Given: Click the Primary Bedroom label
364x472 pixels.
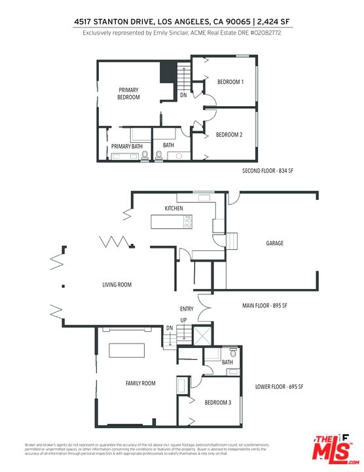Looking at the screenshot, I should point(129,93).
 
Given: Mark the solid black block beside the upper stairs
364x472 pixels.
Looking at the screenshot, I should point(169,69).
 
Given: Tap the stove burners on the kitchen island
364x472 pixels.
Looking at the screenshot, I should point(189,223).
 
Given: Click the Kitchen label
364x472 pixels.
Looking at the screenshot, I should point(174,208).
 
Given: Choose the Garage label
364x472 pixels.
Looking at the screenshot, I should point(274,243).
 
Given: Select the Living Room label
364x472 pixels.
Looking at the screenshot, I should point(117,285).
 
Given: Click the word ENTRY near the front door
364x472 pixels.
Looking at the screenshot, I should point(187,309).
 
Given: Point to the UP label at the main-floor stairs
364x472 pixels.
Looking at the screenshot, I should point(183,320).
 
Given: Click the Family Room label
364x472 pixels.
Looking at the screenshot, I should point(141,383).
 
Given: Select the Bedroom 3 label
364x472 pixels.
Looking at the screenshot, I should point(217,402).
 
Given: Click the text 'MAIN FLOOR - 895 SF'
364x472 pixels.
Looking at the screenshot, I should point(266,305).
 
